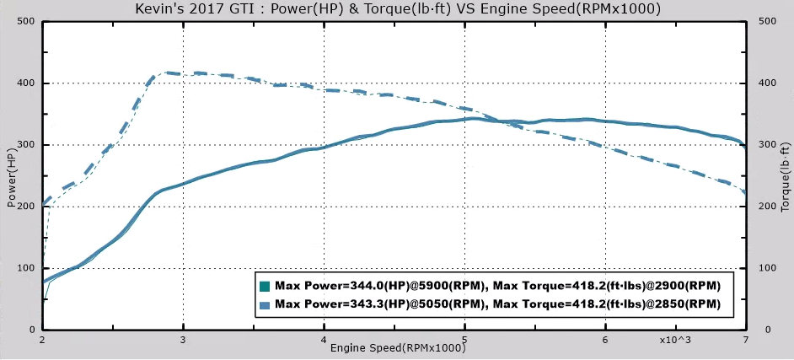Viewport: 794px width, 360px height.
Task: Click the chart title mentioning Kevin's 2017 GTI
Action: [x=397, y=8]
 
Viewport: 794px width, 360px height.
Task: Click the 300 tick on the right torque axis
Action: [x=767, y=145]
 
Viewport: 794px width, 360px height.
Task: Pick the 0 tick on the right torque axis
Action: [x=762, y=329]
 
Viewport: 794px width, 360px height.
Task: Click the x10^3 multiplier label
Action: [x=675, y=340]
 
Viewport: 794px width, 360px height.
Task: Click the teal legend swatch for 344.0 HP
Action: [x=266, y=287]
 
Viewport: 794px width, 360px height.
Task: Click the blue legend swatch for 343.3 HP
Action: [x=266, y=304]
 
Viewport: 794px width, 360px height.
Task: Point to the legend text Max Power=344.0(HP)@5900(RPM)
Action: [x=379, y=287]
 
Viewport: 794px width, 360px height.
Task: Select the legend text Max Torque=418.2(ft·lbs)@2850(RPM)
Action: [x=607, y=304]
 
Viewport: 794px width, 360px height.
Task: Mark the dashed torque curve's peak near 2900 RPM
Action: [x=168, y=73]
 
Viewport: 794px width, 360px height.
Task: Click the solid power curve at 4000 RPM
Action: [x=324, y=148]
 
